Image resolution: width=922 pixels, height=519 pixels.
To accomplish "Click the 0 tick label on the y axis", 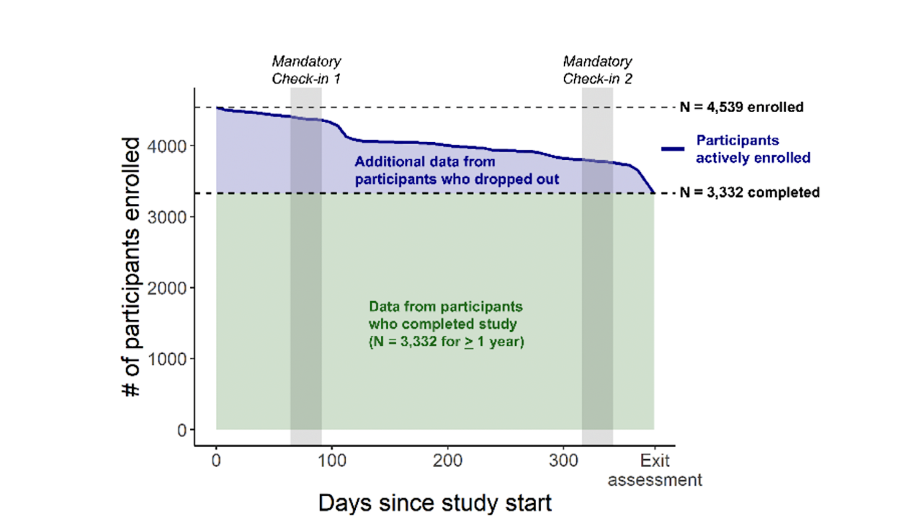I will pyautogui.click(x=182, y=430).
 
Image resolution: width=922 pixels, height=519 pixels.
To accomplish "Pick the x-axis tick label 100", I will pyautogui.click(x=331, y=460).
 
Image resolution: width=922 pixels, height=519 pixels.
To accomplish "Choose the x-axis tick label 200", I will pyautogui.click(x=447, y=460).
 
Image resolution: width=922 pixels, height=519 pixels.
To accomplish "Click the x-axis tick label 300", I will pyautogui.click(x=563, y=460).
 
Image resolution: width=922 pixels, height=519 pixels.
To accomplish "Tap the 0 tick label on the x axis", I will pyautogui.click(x=216, y=460).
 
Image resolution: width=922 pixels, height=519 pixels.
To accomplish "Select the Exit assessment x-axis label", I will pyautogui.click(x=655, y=469).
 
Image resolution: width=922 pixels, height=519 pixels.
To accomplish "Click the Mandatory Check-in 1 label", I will pyautogui.click(x=306, y=70).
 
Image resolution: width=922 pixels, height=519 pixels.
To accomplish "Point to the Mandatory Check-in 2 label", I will pyautogui.click(x=597, y=70).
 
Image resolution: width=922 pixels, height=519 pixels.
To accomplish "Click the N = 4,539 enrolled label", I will pyautogui.click(x=742, y=107).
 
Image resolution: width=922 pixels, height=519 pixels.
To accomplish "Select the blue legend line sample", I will pyautogui.click(x=672, y=148).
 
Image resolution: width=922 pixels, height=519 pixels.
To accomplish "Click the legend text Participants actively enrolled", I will pyautogui.click(x=753, y=149).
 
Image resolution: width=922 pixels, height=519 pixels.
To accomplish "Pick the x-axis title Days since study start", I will pyautogui.click(x=435, y=502).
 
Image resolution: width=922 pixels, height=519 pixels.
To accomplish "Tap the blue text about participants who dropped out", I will pyautogui.click(x=457, y=170).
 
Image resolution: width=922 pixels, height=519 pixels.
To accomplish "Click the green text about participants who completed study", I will pyautogui.click(x=447, y=324).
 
